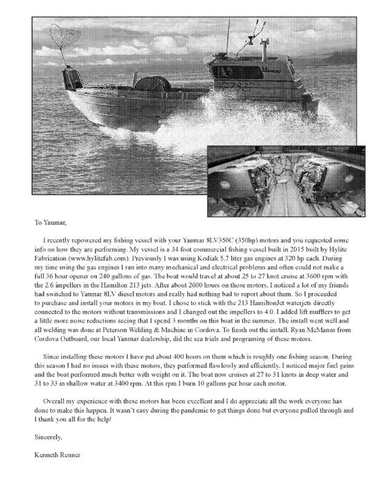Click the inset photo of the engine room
click(287, 177)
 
